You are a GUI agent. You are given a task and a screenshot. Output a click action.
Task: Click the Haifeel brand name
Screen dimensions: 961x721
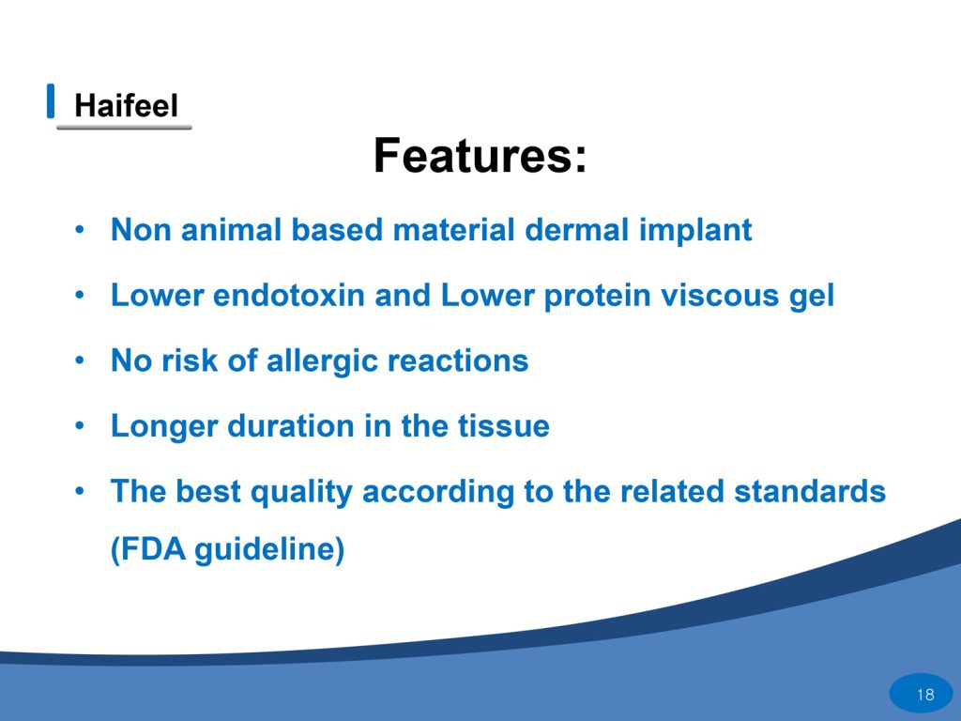127,105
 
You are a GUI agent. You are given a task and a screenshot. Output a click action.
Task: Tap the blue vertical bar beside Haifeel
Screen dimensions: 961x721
51,100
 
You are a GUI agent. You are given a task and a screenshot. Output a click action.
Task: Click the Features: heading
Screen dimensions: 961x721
480,156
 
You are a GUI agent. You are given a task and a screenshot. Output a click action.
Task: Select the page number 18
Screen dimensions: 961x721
925,695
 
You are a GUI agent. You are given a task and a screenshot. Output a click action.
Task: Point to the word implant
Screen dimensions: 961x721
695,232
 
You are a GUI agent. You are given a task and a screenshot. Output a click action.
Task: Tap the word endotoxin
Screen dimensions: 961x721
289,296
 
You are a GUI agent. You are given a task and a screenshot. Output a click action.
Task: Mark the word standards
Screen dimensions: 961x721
810,492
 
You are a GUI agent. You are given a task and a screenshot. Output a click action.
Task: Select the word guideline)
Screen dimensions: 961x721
269,550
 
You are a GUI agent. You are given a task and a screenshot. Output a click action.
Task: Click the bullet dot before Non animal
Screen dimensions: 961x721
79,231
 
